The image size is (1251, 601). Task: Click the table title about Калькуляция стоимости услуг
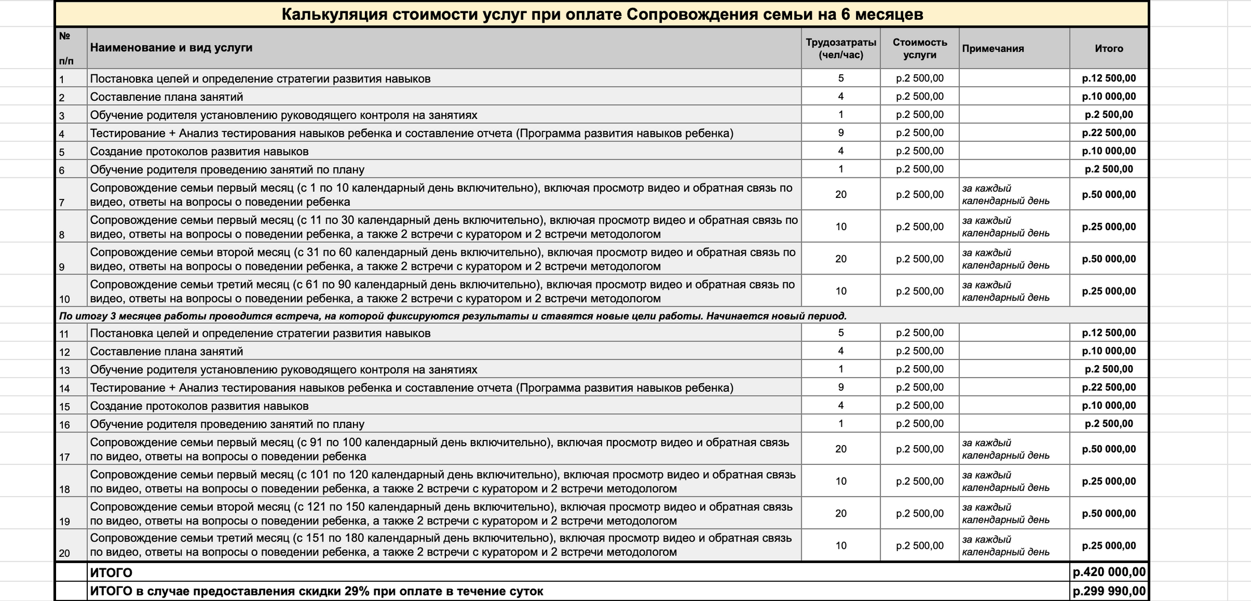coord(602,14)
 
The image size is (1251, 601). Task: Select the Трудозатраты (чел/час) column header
coord(841,48)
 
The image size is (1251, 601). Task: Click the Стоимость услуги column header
coord(920,48)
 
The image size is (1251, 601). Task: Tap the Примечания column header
coord(993,48)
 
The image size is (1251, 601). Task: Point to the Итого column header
coord(1109,48)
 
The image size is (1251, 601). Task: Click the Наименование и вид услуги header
coord(171,48)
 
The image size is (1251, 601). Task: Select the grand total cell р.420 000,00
coord(1109,572)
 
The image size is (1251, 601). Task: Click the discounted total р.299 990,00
coord(1109,591)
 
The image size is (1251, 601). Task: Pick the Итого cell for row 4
coord(1109,133)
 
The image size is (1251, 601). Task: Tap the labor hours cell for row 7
coord(841,194)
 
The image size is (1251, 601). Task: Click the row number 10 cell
coord(65,299)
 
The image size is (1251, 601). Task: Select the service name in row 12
coord(167,351)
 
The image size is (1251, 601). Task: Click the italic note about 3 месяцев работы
coord(453,316)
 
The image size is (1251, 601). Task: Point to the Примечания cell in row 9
coord(1006,259)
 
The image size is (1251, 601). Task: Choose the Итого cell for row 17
coord(1109,449)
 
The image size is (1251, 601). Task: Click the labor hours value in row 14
coord(841,387)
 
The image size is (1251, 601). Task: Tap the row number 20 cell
coord(65,553)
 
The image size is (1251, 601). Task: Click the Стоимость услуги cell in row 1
coord(920,78)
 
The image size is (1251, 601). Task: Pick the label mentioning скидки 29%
coord(316,591)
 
